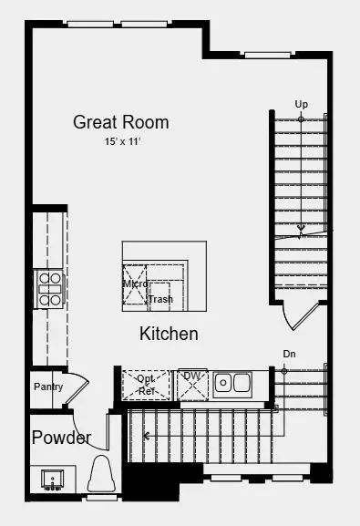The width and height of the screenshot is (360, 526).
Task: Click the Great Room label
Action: (x=121, y=122)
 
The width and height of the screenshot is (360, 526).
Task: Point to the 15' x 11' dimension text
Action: (x=121, y=142)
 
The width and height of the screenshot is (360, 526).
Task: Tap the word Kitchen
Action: (x=169, y=334)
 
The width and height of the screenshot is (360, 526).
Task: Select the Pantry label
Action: (x=48, y=387)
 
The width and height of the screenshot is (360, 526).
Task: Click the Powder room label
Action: (x=61, y=438)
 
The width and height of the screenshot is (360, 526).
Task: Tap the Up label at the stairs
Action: (x=301, y=104)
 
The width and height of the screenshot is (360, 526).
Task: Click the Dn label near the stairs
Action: (x=289, y=354)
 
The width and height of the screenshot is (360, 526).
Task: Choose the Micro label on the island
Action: (x=135, y=284)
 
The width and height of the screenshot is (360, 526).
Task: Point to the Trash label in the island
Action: (x=160, y=299)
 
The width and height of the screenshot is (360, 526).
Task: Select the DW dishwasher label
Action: (x=191, y=376)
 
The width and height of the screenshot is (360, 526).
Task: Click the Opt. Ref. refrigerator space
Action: (x=146, y=385)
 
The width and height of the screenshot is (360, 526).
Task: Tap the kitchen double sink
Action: (x=233, y=384)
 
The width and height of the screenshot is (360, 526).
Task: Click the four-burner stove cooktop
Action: (x=50, y=288)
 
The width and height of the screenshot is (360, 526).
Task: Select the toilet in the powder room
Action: (x=101, y=476)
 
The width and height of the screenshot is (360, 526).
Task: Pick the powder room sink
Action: (x=52, y=479)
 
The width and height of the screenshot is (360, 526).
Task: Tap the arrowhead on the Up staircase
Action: (x=301, y=228)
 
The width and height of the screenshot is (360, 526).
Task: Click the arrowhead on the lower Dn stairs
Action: (x=149, y=437)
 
